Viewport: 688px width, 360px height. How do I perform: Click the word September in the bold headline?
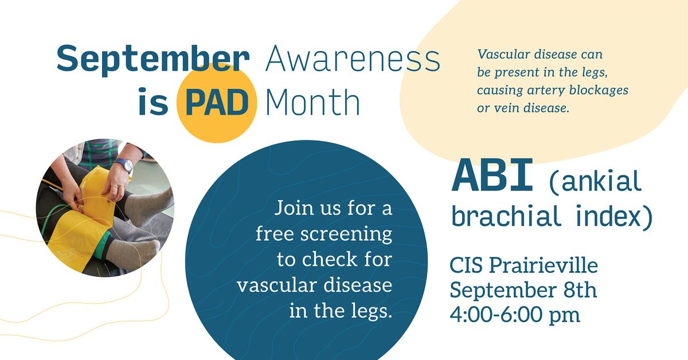(153, 59)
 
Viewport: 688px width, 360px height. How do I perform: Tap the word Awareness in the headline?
(353, 58)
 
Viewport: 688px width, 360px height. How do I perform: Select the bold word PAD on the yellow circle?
(217, 102)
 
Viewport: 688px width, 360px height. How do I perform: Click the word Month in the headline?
(312, 102)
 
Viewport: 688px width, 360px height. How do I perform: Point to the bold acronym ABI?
(492, 175)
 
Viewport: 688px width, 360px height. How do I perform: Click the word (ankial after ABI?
(595, 182)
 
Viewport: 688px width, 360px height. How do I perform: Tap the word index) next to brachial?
(613, 216)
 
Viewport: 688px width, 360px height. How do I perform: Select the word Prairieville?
(544, 265)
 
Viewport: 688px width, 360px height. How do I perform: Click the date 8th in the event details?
(580, 290)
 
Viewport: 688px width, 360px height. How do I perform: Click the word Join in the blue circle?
(294, 208)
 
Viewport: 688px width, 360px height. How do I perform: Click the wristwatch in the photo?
(126, 166)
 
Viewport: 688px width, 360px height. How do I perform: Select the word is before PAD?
(153, 101)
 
